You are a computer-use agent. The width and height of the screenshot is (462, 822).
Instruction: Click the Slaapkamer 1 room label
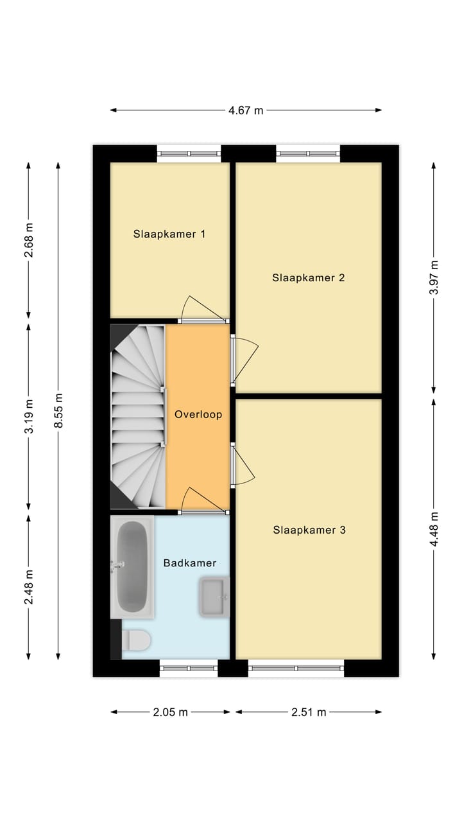point(169,234)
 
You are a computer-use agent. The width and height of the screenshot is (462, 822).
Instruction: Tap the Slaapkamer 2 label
point(309,278)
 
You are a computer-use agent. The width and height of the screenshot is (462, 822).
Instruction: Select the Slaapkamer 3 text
point(309,530)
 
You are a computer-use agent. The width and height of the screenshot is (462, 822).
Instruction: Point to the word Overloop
point(198,415)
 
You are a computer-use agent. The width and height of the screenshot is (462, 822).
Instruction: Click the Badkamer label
point(189,563)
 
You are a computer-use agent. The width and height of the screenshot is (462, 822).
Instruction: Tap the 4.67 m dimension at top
point(246,110)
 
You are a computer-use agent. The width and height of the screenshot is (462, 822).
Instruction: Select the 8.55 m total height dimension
point(58,411)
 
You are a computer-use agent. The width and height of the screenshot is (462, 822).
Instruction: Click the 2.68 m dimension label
point(29,241)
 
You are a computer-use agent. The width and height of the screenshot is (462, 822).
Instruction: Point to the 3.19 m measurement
point(29,418)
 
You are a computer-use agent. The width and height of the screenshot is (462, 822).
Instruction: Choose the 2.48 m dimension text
point(29,586)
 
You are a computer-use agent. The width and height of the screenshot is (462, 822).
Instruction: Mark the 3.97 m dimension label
point(434,277)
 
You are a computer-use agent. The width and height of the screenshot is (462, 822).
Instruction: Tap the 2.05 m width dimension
point(170,712)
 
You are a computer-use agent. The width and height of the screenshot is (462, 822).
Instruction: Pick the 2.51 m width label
point(309,712)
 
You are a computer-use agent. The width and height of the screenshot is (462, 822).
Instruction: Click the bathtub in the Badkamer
point(133,566)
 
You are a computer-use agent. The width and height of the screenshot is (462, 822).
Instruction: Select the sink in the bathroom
point(214,597)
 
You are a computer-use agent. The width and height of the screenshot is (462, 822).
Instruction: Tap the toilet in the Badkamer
point(137,640)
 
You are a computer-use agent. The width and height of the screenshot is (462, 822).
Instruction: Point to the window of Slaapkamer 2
point(308,153)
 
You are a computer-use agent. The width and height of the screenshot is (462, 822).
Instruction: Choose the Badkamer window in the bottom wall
point(189,669)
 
